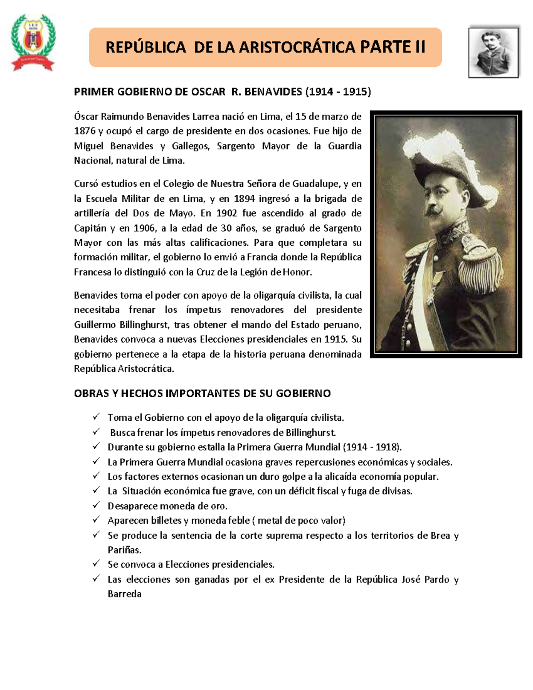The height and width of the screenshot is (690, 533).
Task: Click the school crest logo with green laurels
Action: (33, 42)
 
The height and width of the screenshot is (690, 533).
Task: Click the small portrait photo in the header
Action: (493, 52)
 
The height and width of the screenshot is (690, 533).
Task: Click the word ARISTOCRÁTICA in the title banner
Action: (297, 47)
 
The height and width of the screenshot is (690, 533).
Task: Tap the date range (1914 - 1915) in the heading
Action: (338, 92)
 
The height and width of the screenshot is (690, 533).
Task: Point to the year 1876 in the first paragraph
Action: (84, 131)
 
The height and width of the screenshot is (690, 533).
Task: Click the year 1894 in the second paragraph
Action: (244, 199)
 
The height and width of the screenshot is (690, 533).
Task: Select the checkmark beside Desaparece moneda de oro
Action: (96, 506)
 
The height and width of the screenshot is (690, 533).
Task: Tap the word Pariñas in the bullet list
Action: (124, 550)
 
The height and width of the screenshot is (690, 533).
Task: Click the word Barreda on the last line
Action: (124, 594)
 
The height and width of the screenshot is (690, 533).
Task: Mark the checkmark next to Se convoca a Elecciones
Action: (96, 564)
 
